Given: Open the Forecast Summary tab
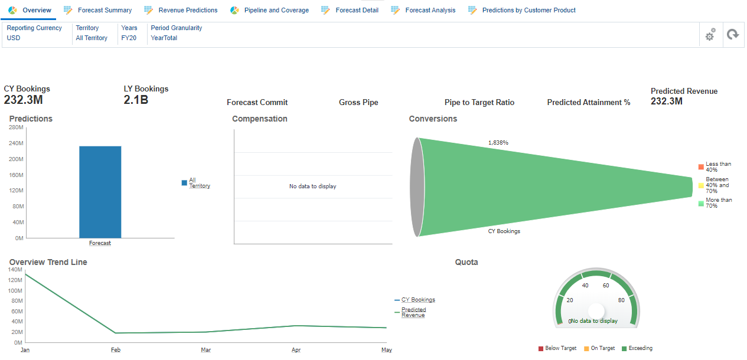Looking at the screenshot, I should point(104,10).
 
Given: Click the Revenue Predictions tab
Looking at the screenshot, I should point(187,10).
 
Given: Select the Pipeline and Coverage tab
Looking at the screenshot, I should point(276,10).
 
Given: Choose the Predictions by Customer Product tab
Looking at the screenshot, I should point(528,10).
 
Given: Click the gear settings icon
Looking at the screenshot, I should point(710,35).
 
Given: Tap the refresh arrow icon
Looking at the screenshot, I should point(733,35).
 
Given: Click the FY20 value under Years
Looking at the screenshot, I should point(129,38).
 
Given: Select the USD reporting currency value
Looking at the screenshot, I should point(14,38).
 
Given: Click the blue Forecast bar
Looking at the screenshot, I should point(100,192).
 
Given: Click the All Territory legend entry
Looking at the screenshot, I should point(199,183).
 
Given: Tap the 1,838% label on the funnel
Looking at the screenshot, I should point(498,143).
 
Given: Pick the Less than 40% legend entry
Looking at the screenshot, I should point(717,167).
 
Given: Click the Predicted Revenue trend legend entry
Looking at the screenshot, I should point(413,312).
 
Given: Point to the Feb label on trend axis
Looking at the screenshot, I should point(116,350).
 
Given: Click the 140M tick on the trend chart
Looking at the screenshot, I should point(15,269).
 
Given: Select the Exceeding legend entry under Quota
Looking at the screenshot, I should point(640,348).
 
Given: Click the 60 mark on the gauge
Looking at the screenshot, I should point(606,286).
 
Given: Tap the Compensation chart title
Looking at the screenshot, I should point(259,119).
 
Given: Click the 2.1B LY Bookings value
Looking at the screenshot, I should point(136,100).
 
